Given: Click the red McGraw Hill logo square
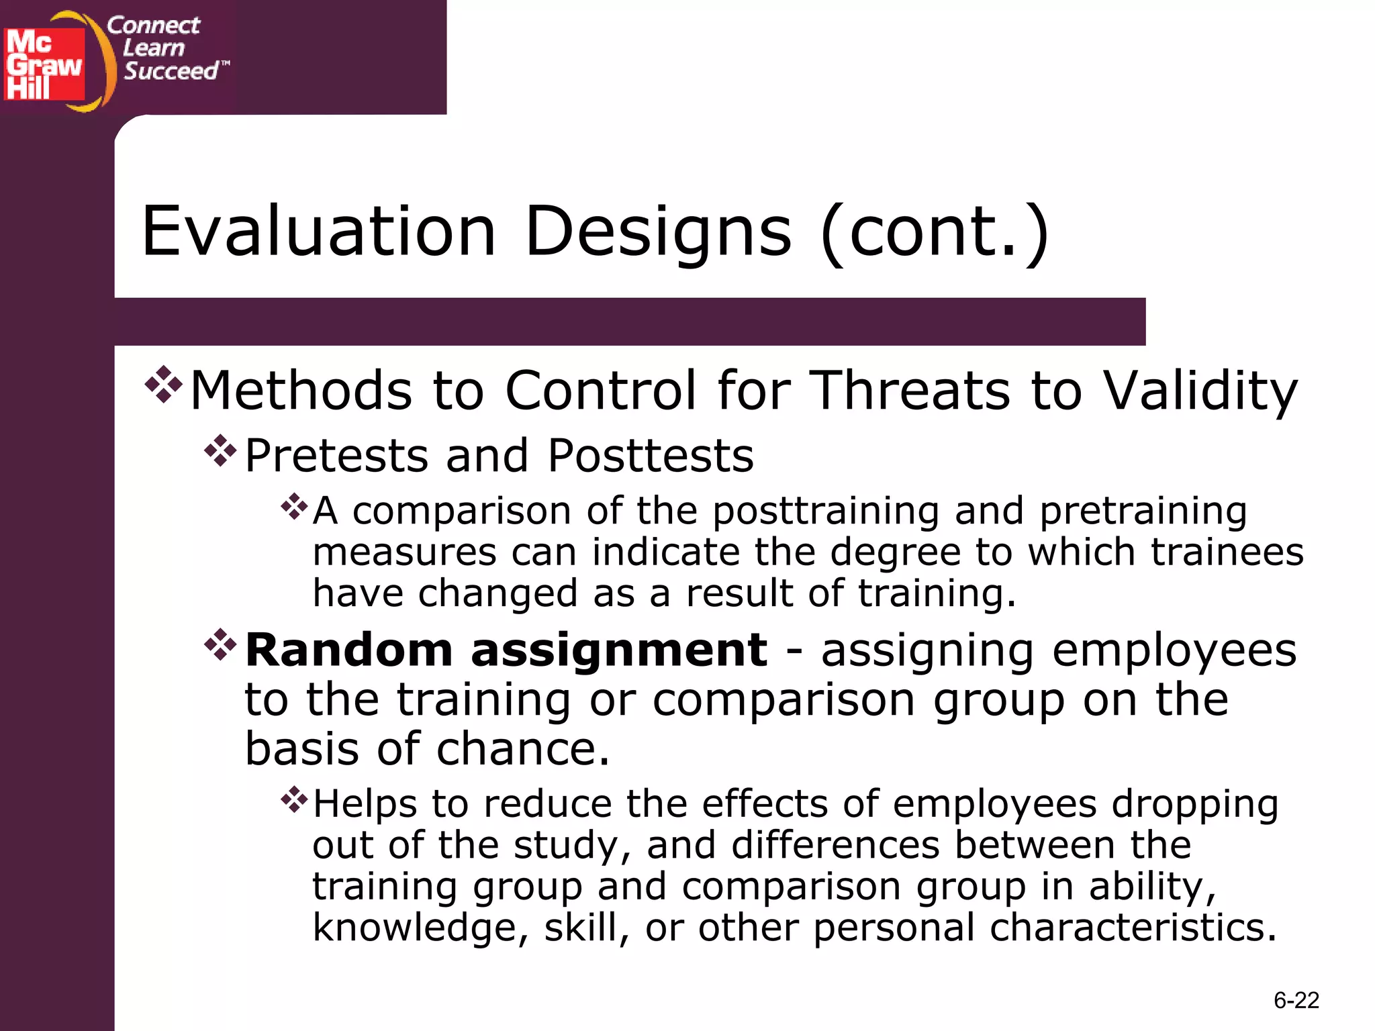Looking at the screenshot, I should [44, 64].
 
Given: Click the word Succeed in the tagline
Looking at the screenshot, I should [171, 71].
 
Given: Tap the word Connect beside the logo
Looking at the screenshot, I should [153, 26].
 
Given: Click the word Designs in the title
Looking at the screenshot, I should [658, 232].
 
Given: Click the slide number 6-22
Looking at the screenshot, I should [1296, 1001].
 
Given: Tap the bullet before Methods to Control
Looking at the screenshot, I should [163, 385].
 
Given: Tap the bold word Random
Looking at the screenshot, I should [349, 650].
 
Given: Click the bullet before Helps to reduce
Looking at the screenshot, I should [293, 799].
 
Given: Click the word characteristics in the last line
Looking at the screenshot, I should [1132, 928].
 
